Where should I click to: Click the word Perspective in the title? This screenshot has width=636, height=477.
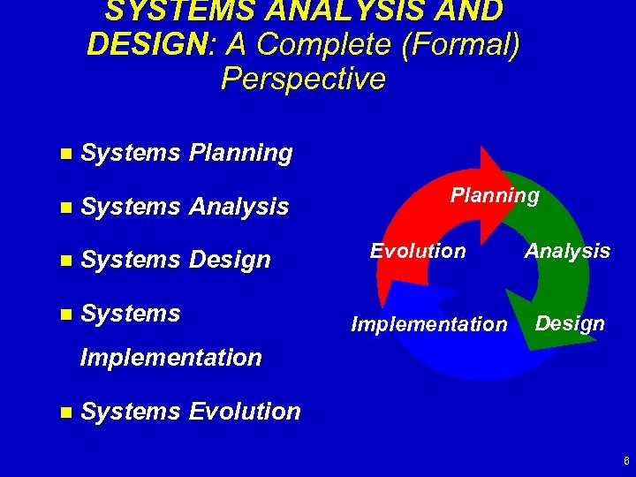click(x=303, y=79)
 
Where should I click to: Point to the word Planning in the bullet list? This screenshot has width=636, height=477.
click(x=240, y=153)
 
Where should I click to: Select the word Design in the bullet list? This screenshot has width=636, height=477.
click(x=230, y=261)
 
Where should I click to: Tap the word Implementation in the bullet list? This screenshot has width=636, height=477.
click(x=170, y=358)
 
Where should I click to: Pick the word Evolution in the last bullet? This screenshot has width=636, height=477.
click(x=244, y=412)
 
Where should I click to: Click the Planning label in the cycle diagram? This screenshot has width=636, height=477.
click(x=495, y=195)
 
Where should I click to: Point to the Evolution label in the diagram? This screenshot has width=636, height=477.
click(x=418, y=251)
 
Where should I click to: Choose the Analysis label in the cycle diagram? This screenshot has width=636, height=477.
click(x=567, y=252)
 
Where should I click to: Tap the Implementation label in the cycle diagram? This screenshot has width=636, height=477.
click(x=429, y=324)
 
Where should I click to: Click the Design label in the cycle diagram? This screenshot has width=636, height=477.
click(x=570, y=323)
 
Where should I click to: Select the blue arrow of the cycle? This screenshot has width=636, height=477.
click(x=442, y=358)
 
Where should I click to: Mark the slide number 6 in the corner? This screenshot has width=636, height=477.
click(x=625, y=461)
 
